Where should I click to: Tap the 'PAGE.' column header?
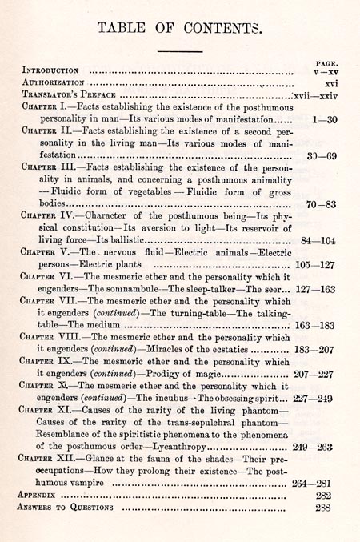coord(325,61)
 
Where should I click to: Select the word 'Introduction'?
coord(50,70)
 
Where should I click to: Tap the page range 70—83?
coord(325,203)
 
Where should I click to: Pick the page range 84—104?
coord(322,239)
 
